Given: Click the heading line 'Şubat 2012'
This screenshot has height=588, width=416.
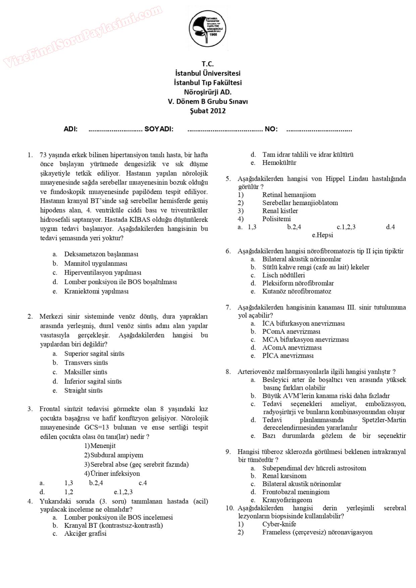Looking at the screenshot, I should tap(208, 111).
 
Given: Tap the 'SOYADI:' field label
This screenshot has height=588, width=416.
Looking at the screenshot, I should tap(159, 129).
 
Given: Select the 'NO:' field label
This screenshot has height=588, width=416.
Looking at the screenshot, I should tap(271, 129).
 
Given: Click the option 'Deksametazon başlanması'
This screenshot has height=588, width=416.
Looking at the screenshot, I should tap(101, 254).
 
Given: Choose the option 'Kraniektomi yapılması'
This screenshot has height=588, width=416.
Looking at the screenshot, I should tap(96, 291).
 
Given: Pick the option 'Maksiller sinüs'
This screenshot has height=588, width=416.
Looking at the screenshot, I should tap(86, 372).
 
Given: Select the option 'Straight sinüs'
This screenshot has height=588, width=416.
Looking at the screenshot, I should tap(83, 391).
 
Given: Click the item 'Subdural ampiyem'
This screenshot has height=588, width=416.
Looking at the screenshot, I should tap(116, 455).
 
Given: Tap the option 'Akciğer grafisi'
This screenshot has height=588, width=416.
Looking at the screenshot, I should tap(85, 533).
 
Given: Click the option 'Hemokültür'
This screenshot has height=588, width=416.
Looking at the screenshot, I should tap(279, 163).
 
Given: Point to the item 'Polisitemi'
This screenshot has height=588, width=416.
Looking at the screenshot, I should tap(276, 219).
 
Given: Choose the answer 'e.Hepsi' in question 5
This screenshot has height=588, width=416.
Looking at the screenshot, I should tap(322, 235).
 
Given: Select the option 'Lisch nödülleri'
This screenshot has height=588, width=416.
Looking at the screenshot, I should tap(283, 275).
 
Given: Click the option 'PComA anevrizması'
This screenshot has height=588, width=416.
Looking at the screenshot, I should tap(291, 332).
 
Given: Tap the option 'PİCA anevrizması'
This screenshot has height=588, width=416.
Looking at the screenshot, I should tap(288, 356).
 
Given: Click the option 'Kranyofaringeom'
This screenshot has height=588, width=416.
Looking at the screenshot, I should tap(287, 500).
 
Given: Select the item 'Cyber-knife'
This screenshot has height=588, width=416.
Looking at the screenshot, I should tap(279, 524).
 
